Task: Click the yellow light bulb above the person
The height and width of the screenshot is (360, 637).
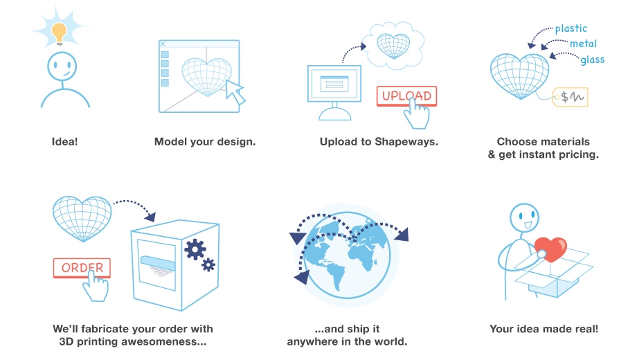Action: [59, 33]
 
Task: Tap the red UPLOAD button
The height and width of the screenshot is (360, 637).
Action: [406, 96]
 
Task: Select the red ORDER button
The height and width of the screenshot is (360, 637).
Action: [82, 268]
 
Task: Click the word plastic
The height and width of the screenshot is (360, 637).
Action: [571, 28]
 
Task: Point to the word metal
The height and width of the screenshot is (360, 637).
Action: [583, 44]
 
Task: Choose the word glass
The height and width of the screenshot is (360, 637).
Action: [592, 60]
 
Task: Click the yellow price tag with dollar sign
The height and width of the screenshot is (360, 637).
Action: [570, 97]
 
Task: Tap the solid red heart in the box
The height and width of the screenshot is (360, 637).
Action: [551, 249]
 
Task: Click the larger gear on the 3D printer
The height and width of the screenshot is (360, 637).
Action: [195, 249]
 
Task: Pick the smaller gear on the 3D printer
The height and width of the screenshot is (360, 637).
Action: [208, 265]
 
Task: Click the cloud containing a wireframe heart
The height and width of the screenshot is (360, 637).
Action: [393, 45]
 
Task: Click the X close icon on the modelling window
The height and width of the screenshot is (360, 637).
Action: [163, 44]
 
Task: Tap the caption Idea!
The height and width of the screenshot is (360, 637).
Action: [64, 141]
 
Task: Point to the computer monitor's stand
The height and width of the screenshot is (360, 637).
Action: [334, 111]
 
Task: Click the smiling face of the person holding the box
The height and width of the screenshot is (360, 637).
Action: [524, 217]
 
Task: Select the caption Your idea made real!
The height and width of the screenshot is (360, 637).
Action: [544, 329]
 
